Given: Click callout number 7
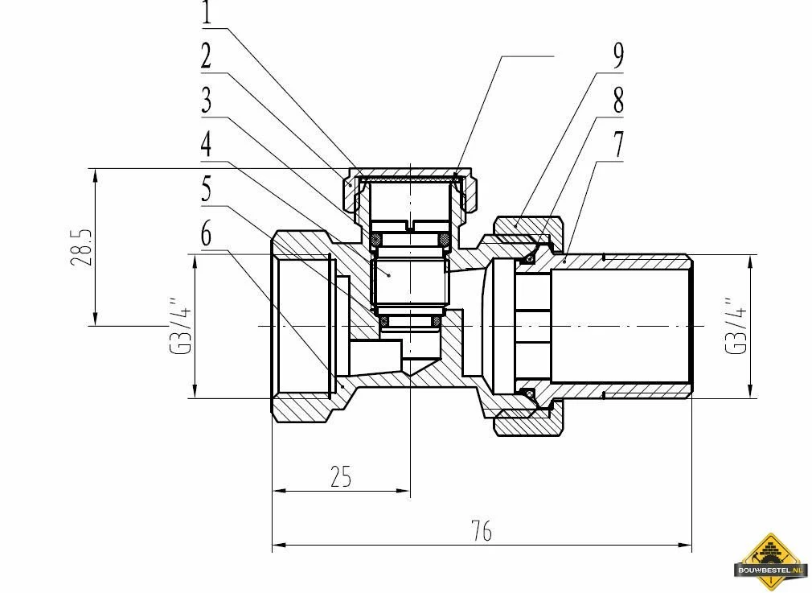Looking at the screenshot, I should click(617, 146).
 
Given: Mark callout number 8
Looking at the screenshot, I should click(617, 101).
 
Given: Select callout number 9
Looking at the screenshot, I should click(617, 56).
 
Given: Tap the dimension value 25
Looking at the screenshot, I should click(341, 477).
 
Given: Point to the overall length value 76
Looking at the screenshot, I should click(481, 532).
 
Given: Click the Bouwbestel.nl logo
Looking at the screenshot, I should click(771, 558).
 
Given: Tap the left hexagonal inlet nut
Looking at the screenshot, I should click(301, 326).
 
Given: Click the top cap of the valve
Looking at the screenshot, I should click(410, 173).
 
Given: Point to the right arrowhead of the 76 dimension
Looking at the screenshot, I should click(687, 546).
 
